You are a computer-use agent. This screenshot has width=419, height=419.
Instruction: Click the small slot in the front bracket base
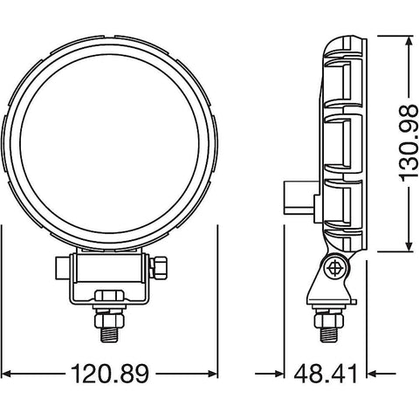coord(109,294)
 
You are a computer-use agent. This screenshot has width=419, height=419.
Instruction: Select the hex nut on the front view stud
coord(109,313)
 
